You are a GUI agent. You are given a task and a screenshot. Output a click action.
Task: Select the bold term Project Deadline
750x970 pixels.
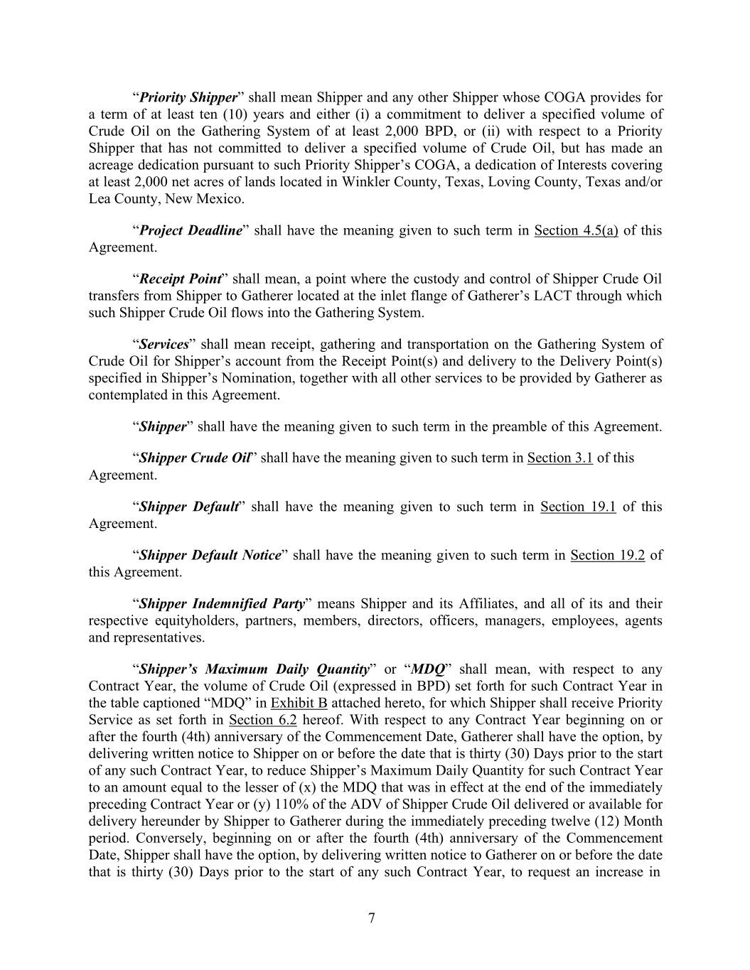click(x=191, y=230)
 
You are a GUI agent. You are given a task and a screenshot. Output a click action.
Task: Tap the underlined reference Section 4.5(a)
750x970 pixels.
click(x=576, y=230)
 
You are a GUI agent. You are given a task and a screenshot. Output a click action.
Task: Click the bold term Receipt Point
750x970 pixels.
click(x=181, y=279)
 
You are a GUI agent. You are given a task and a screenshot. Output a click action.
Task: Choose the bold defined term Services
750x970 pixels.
click(x=164, y=344)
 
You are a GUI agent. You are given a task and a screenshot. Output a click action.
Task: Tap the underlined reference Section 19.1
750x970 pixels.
click(x=578, y=507)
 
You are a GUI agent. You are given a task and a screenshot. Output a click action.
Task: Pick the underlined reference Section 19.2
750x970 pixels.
click(x=607, y=555)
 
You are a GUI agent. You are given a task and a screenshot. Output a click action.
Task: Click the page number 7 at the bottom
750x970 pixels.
click(x=372, y=918)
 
